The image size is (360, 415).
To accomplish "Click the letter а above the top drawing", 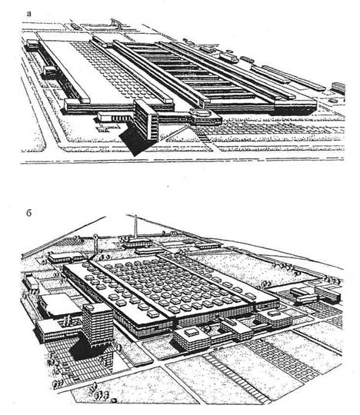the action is tap(28, 14).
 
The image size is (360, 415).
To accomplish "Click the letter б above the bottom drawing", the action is tap(29, 213).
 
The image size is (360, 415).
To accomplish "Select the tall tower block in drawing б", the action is tap(98, 325).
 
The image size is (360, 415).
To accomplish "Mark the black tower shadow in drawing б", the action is tap(85, 347).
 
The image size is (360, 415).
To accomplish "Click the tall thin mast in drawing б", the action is tap(136, 227).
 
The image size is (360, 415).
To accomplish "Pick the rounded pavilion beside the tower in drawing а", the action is tap(205, 117).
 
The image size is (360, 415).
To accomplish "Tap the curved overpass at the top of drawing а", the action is tap(116, 22).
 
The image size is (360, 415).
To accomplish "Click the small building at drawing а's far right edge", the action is tap(338, 88).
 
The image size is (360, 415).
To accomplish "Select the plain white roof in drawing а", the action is tap(82, 69).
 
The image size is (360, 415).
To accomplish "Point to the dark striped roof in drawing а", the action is tap(191, 71).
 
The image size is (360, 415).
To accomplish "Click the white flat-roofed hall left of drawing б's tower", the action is tap(58, 304).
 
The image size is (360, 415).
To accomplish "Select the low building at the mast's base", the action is tap(137, 242).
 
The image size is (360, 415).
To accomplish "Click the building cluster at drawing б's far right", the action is tap(315, 294).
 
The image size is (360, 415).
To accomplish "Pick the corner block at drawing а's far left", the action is tap(32, 45).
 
